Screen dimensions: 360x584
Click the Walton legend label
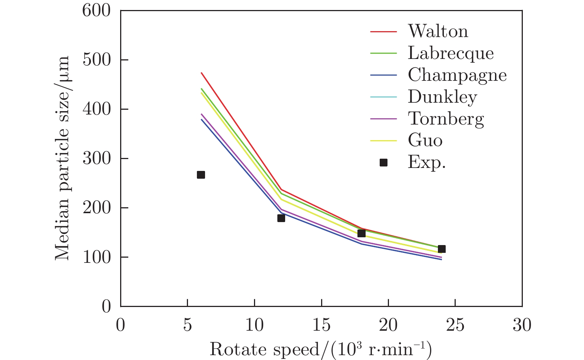pyautogui.click(x=438, y=31)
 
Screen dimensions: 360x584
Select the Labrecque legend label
pyautogui.click(x=451, y=53)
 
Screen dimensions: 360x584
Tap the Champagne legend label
pyautogui.click(x=457, y=75)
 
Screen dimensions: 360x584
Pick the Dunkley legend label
pyautogui.click(x=442, y=97)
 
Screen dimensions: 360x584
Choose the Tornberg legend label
pyautogui.click(x=446, y=119)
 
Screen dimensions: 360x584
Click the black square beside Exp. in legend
pyautogui.click(x=383, y=162)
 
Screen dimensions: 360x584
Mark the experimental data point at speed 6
pyautogui.click(x=201, y=175)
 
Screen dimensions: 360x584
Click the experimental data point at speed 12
pyautogui.click(x=281, y=218)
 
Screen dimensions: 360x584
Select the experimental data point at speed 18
pyautogui.click(x=362, y=233)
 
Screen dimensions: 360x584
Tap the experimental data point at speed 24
pyautogui.click(x=442, y=249)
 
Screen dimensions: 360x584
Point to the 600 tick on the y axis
pyautogui.click(x=96, y=10)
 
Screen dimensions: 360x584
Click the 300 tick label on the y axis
pyautogui.click(x=96, y=158)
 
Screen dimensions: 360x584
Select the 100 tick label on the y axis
pyautogui.click(x=96, y=257)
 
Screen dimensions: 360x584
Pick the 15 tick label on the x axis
pyautogui.click(x=321, y=325)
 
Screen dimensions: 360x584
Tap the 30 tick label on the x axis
pyautogui.click(x=522, y=325)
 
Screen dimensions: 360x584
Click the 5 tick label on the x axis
pyautogui.click(x=188, y=325)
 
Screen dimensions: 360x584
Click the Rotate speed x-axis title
pyautogui.click(x=321, y=349)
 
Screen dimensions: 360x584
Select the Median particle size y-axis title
pyautogui.click(x=62, y=158)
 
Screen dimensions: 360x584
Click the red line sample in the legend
pyautogui.click(x=383, y=31)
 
